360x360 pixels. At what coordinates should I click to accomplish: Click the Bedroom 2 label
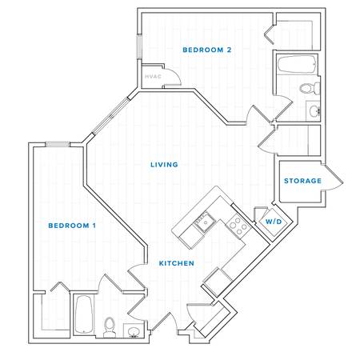click(207, 50)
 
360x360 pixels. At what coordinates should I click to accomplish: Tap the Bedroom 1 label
click(72, 226)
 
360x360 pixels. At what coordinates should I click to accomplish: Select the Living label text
click(164, 165)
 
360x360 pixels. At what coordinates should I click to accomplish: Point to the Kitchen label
click(177, 263)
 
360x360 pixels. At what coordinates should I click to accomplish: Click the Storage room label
click(302, 181)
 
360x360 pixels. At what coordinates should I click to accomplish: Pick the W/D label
click(274, 222)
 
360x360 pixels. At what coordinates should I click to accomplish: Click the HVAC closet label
click(153, 77)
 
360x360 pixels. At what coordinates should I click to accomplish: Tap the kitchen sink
click(205, 222)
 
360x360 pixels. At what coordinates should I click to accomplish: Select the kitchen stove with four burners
click(238, 226)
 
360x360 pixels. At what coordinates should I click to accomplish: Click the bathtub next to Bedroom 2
click(297, 64)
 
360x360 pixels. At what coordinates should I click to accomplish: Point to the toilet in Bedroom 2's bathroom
click(310, 88)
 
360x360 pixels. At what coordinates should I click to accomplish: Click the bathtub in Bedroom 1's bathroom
click(84, 314)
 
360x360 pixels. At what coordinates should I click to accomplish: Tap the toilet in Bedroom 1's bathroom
click(109, 327)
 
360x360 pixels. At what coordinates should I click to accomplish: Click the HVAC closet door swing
click(174, 74)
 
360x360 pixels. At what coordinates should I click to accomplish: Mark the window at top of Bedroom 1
click(58, 144)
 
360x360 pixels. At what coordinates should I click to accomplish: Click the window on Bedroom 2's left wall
click(139, 46)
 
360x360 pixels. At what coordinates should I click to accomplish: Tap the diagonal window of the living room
click(110, 116)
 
